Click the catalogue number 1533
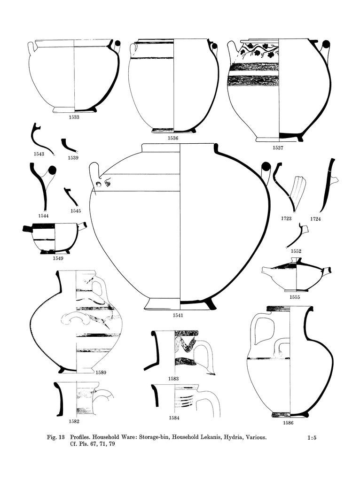73,117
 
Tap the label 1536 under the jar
173,138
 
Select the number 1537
278,147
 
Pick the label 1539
73,158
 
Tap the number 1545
76,211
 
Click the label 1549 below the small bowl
58,258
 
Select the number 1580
101,372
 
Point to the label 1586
288,423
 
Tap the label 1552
296,251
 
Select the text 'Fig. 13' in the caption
55,438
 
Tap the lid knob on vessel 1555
296,260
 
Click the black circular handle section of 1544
53,170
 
